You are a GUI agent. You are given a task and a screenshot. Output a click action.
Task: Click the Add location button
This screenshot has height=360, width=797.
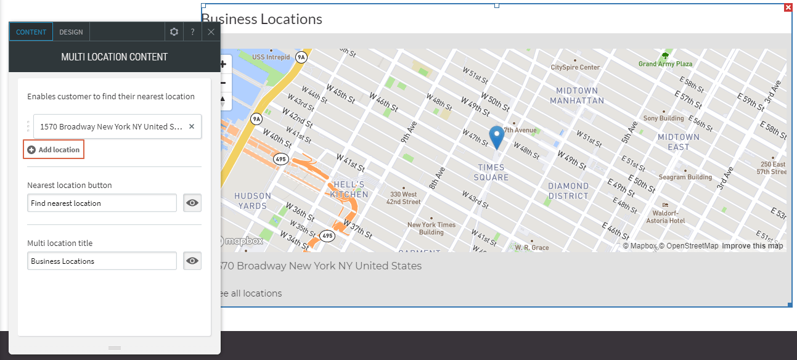click(54, 150)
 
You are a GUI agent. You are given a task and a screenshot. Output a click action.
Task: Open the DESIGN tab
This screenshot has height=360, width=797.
click(71, 32)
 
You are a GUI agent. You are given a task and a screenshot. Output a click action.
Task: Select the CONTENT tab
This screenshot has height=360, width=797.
click(31, 32)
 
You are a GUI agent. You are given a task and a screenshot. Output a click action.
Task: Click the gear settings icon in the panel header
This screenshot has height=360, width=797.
click(174, 32)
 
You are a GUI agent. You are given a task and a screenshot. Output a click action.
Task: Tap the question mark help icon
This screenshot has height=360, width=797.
click(192, 32)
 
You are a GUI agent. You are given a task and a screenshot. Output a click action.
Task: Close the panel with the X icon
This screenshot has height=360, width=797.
click(211, 32)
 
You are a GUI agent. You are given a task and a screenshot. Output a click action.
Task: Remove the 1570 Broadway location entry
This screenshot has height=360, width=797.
click(191, 126)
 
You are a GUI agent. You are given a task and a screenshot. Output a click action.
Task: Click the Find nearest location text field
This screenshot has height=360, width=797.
click(102, 203)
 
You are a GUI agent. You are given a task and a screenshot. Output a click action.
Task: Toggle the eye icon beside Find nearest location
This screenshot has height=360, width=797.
click(192, 203)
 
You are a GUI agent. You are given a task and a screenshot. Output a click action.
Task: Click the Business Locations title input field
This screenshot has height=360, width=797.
click(102, 261)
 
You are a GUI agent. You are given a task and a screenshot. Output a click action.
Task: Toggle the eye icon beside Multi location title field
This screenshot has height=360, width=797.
click(192, 261)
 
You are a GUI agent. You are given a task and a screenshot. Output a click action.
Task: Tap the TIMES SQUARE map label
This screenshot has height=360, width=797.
click(492, 173)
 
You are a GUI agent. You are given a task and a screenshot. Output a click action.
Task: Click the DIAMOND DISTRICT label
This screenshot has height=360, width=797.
click(568, 191)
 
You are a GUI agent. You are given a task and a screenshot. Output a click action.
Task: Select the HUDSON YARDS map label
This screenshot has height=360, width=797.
click(253, 201)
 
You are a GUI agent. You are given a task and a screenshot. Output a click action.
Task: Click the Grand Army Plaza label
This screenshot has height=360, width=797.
click(665, 63)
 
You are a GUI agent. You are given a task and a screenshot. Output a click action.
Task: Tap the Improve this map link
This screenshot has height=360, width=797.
click(752, 246)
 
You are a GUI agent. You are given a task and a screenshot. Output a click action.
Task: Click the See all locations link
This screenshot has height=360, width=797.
click(249, 293)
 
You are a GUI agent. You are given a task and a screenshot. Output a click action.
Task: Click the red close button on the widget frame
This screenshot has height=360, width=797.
click(788, 7)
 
